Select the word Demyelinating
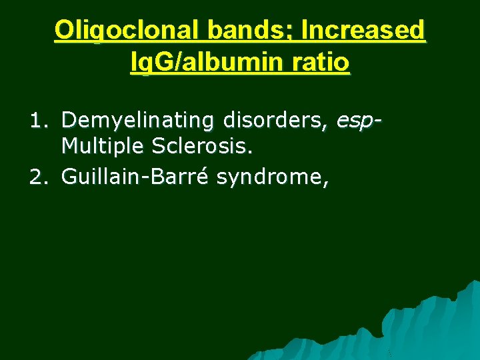click(x=137, y=121)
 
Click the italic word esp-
click(x=359, y=122)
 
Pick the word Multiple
click(x=103, y=146)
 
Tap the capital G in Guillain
click(x=69, y=177)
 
